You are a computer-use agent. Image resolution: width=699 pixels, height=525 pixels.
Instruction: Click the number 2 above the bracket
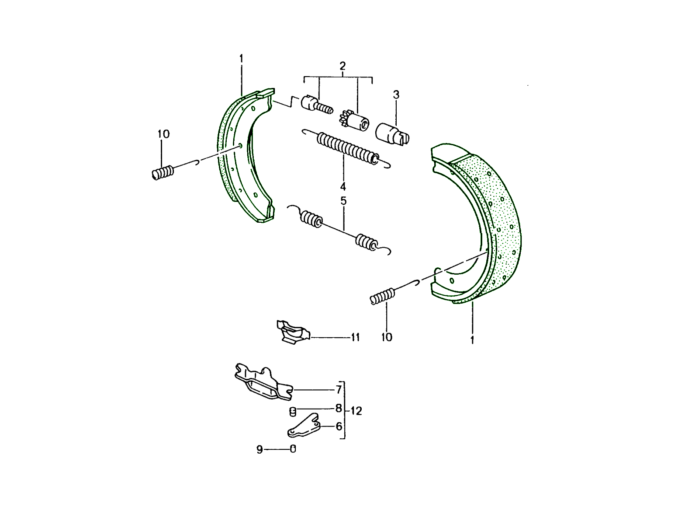(343, 66)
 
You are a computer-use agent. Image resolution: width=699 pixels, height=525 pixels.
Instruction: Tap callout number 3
(396, 94)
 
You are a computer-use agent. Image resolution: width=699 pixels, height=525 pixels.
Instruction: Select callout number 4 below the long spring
(343, 186)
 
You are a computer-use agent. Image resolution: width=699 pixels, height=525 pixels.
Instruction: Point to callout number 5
(343, 201)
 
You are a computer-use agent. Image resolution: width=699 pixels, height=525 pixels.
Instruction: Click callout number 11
(355, 337)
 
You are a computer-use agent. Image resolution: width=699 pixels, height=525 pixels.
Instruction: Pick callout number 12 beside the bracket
(356, 411)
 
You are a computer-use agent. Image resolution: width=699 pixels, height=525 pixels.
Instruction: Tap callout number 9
(260, 449)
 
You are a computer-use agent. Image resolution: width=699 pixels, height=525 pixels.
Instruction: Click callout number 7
(339, 389)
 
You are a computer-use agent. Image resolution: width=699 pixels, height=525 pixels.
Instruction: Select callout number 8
(339, 408)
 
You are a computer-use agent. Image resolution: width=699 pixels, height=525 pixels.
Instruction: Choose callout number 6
(339, 426)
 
